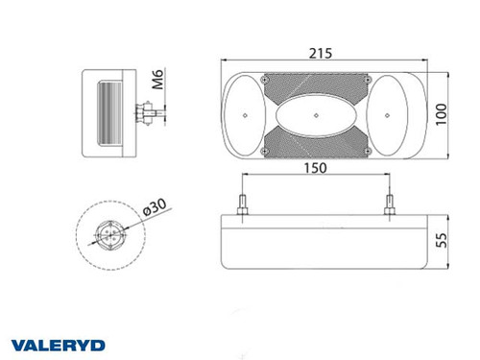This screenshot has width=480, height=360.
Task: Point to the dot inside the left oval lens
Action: (246, 116)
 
